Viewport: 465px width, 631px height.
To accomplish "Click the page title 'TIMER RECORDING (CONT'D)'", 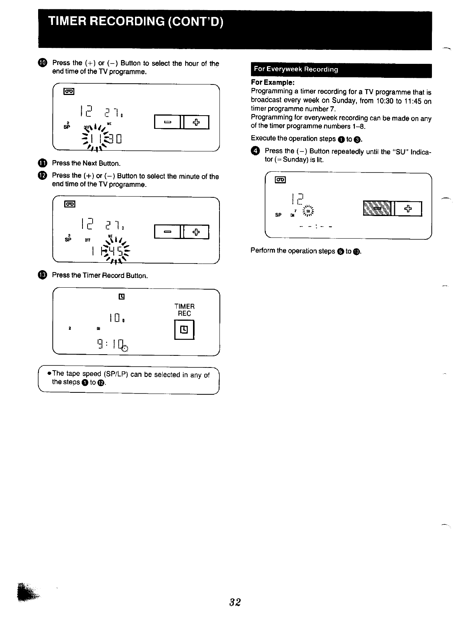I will [x=135, y=21].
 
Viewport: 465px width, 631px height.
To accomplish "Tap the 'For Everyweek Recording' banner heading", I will [x=296, y=70].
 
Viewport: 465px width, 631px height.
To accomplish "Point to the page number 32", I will [x=235, y=602].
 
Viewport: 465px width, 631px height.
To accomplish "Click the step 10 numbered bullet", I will [x=42, y=63].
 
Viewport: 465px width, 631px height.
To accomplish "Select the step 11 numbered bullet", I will [x=42, y=163].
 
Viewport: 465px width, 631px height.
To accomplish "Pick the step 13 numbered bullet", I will [x=42, y=275].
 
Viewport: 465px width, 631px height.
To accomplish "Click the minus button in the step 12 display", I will [x=167, y=232].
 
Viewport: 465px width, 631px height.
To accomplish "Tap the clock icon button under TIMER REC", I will [x=184, y=330].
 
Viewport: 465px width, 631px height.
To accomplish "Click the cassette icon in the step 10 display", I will [x=69, y=92].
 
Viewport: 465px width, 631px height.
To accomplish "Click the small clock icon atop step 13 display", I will [x=121, y=297].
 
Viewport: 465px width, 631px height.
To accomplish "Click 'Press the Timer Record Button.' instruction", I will [x=100, y=276].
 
